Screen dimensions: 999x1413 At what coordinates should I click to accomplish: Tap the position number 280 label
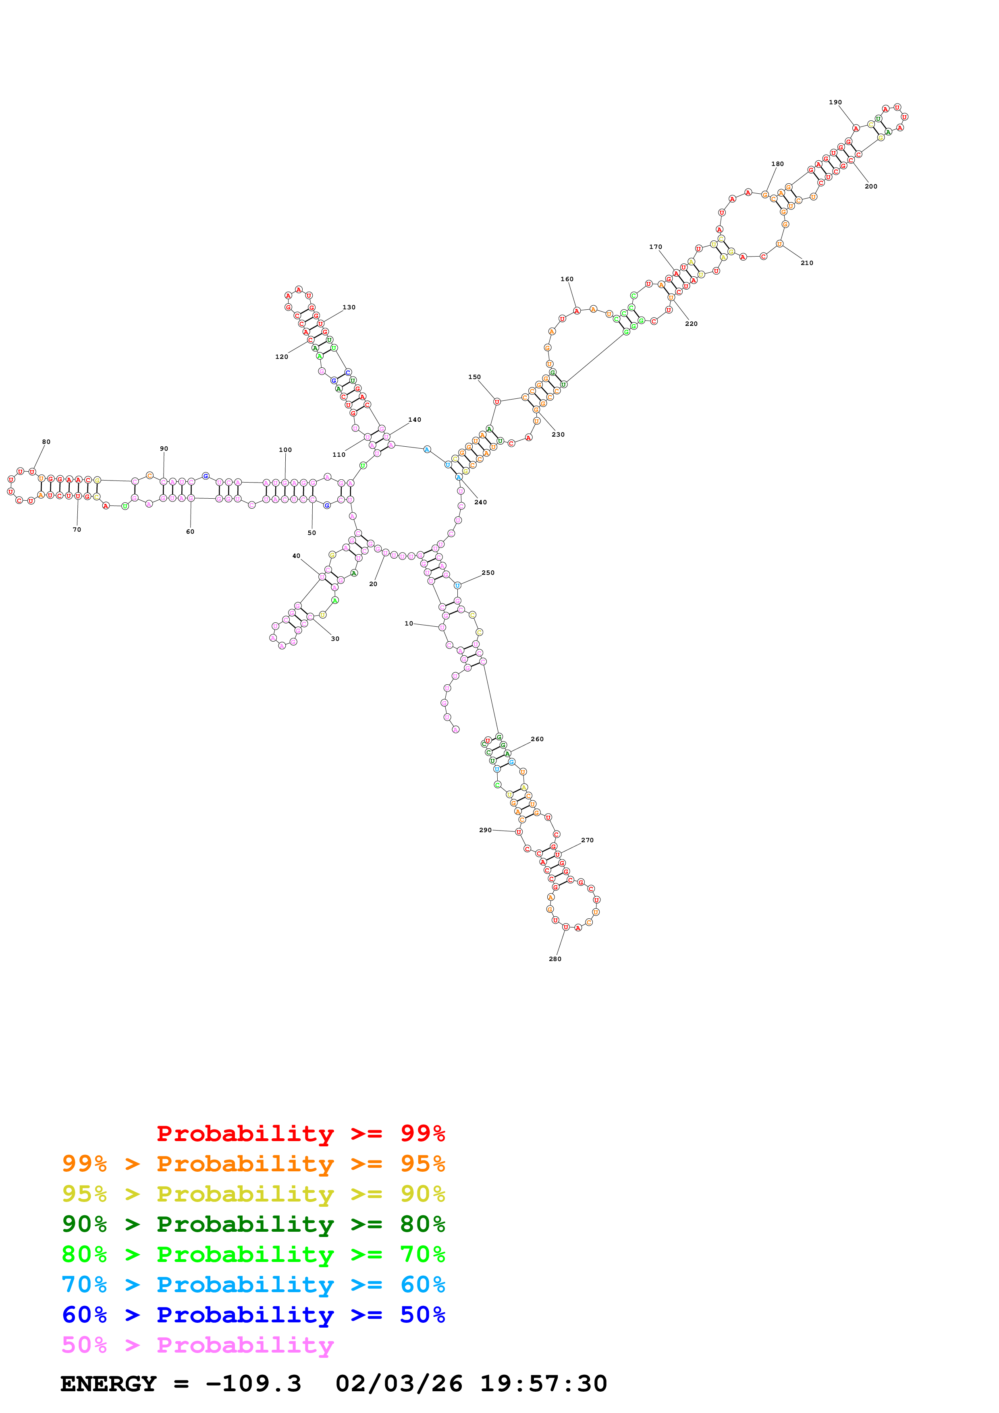(555, 959)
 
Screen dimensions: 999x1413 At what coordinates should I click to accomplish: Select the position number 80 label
(46, 442)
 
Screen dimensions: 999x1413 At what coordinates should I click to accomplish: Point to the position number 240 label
(480, 502)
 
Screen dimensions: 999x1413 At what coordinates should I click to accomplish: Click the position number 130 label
(349, 307)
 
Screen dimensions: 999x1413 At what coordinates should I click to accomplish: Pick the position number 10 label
(409, 624)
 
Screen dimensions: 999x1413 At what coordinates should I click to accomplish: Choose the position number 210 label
(806, 263)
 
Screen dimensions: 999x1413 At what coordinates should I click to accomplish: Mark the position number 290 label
(485, 830)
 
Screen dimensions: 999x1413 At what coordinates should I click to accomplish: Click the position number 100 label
(285, 450)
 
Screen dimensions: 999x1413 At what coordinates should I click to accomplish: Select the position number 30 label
(335, 639)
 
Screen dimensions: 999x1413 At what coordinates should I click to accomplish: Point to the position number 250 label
(488, 572)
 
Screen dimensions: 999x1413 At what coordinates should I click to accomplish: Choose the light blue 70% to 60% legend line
(253, 1285)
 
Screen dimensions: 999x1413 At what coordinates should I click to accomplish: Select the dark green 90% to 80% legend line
(253, 1224)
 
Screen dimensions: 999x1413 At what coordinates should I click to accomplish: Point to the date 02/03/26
(399, 1384)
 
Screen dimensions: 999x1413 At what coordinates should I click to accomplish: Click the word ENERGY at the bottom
(108, 1384)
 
